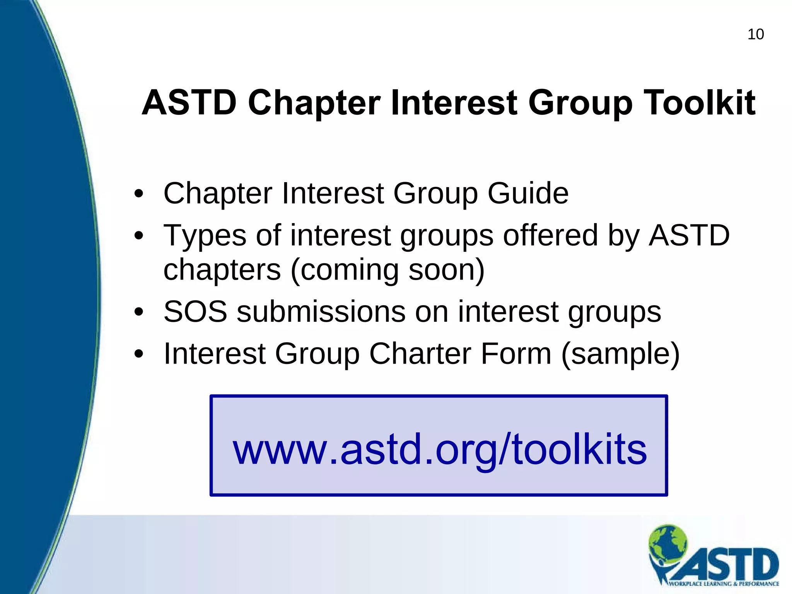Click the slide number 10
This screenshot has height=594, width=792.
755,34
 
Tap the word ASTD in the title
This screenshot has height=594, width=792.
189,103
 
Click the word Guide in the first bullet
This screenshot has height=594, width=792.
528,193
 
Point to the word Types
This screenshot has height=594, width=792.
205,236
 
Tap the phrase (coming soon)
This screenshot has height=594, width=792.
387,270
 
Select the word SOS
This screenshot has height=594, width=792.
195,312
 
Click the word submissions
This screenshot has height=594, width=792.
321,312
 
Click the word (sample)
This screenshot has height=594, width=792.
620,354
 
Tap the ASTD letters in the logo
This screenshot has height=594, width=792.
731,564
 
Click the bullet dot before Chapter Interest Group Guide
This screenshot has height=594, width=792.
139,194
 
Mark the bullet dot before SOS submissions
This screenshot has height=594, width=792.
139,312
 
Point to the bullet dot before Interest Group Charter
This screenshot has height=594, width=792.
139,354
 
